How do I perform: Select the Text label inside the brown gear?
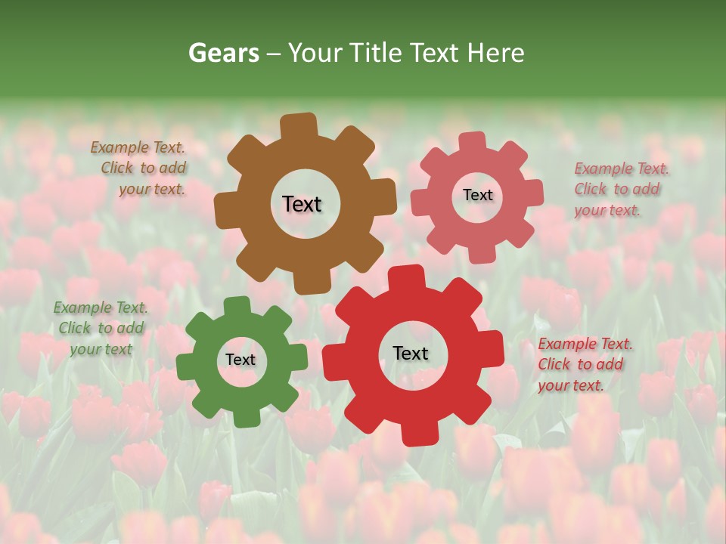[x=302, y=204]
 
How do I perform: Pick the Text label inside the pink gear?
[x=477, y=195]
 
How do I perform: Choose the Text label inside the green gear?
[x=240, y=360]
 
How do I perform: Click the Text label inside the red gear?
[x=411, y=353]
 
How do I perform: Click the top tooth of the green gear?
[x=237, y=305]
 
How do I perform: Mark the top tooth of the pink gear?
[x=473, y=141]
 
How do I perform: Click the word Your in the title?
[x=312, y=53]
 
